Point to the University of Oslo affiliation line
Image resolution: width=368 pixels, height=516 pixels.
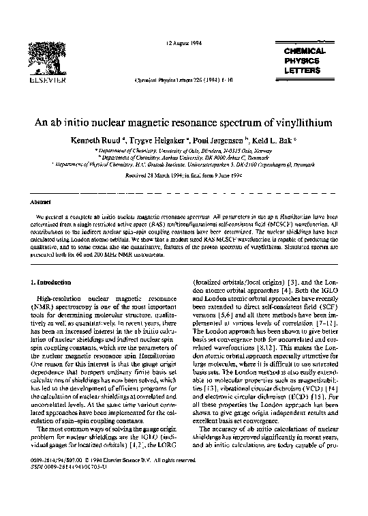click(x=184, y=151)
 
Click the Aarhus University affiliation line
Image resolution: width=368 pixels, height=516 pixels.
click(x=184, y=158)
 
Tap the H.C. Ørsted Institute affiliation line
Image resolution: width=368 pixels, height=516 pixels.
click(x=184, y=164)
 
